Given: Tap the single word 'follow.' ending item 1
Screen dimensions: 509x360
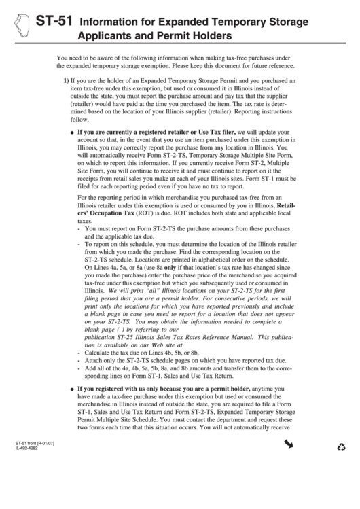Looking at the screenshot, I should (x=80, y=118).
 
